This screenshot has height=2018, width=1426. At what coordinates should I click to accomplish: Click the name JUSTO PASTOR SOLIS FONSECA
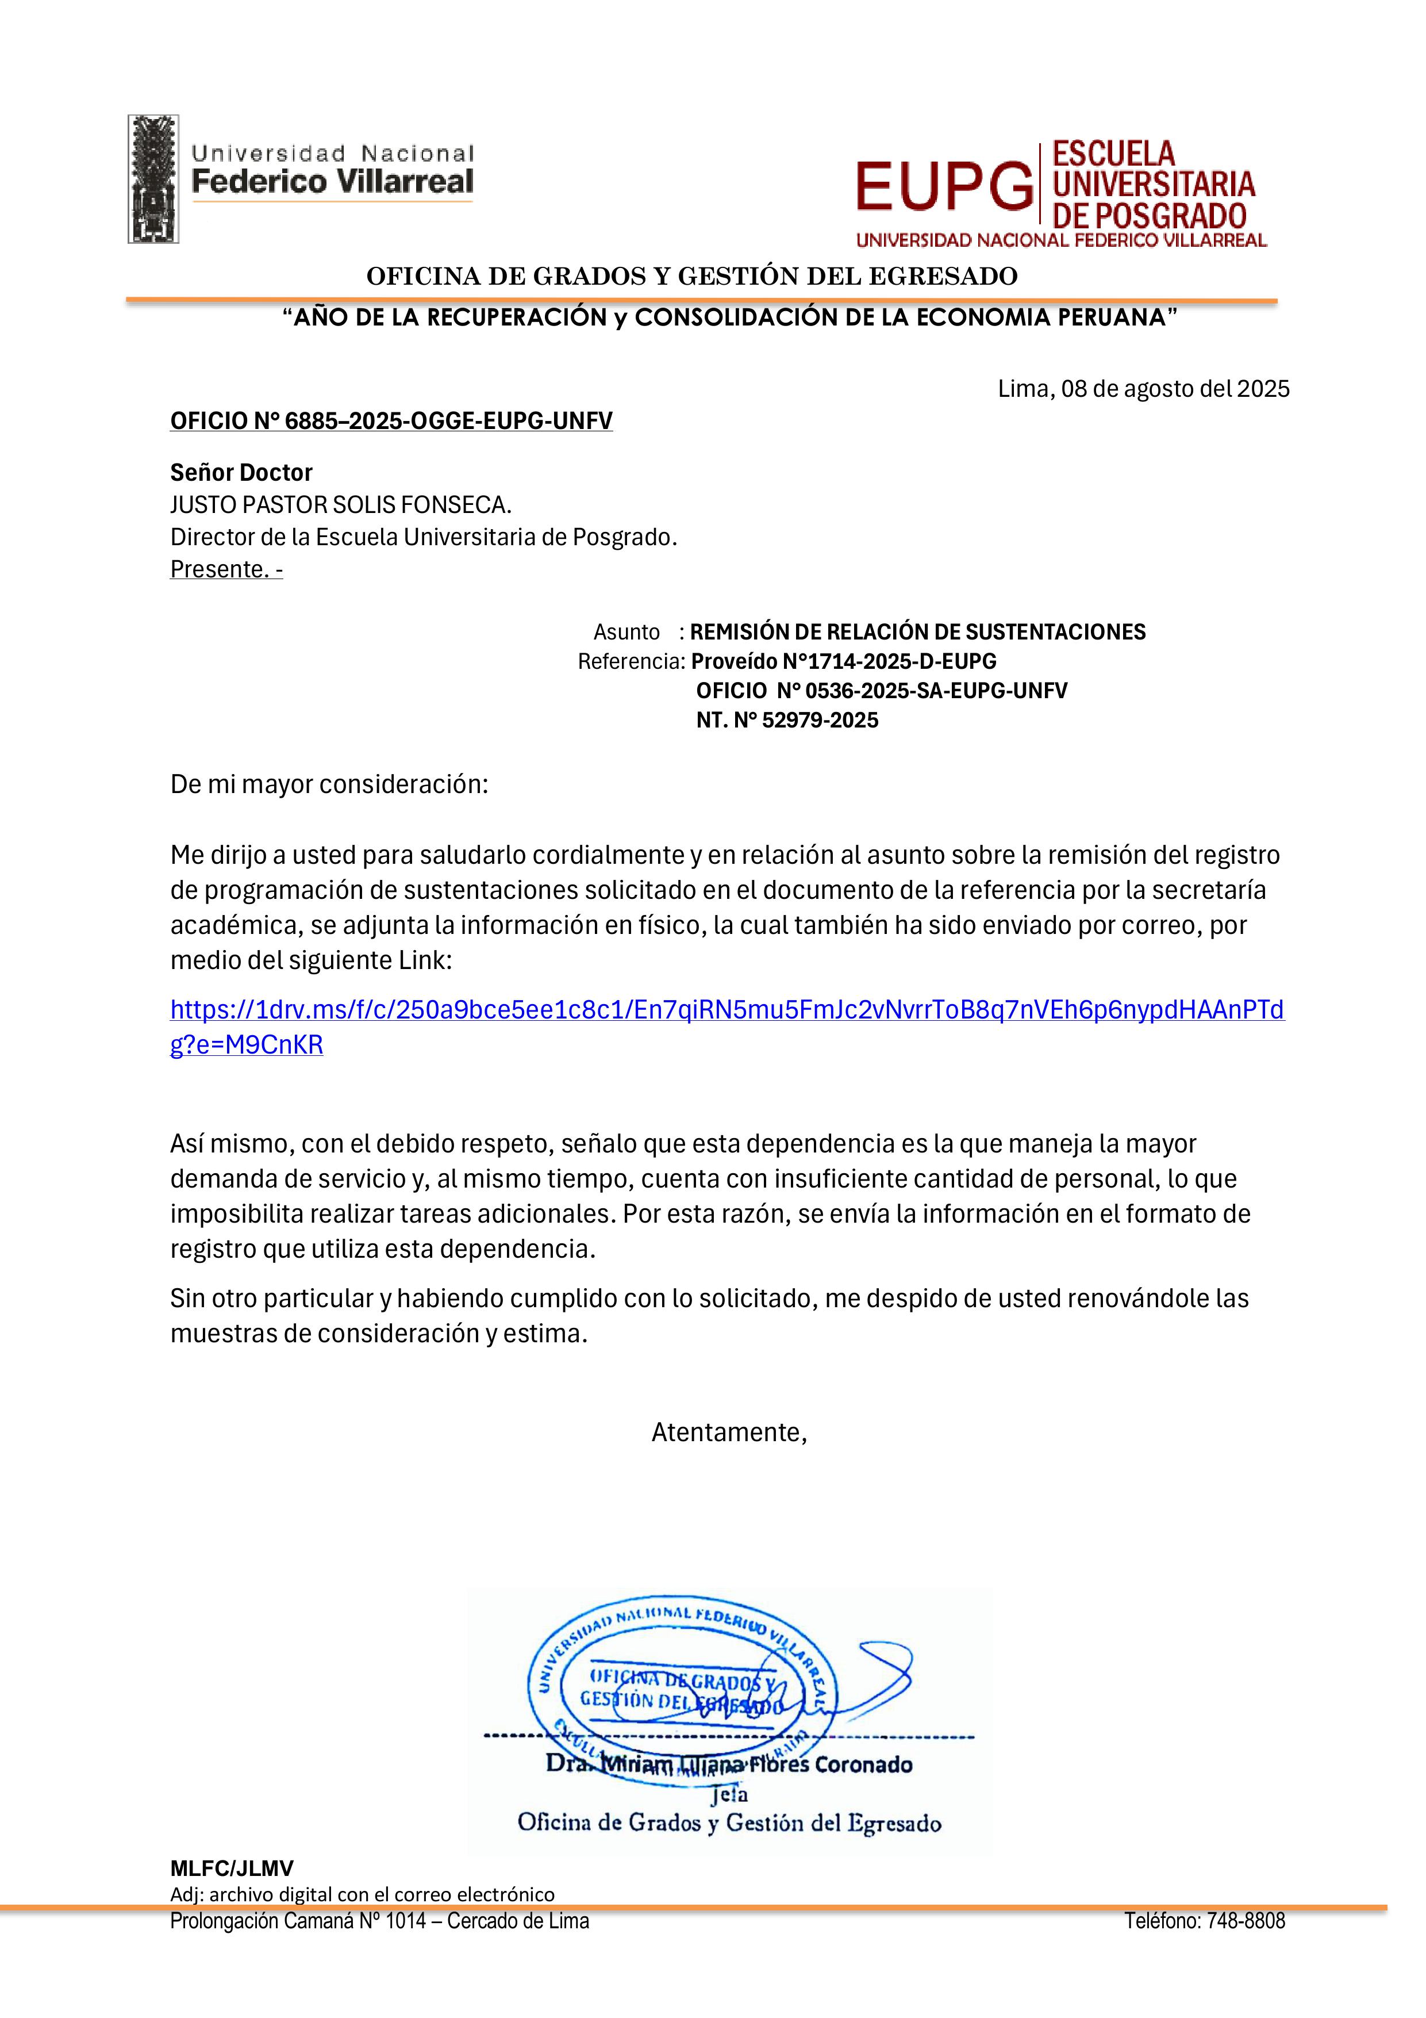(340, 506)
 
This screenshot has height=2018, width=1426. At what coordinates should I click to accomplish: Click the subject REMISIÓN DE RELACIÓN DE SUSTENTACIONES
(917, 632)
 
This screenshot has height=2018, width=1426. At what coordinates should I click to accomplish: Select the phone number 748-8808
(1246, 1921)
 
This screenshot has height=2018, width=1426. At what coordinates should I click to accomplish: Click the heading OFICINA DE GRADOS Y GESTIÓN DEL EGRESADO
(691, 276)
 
